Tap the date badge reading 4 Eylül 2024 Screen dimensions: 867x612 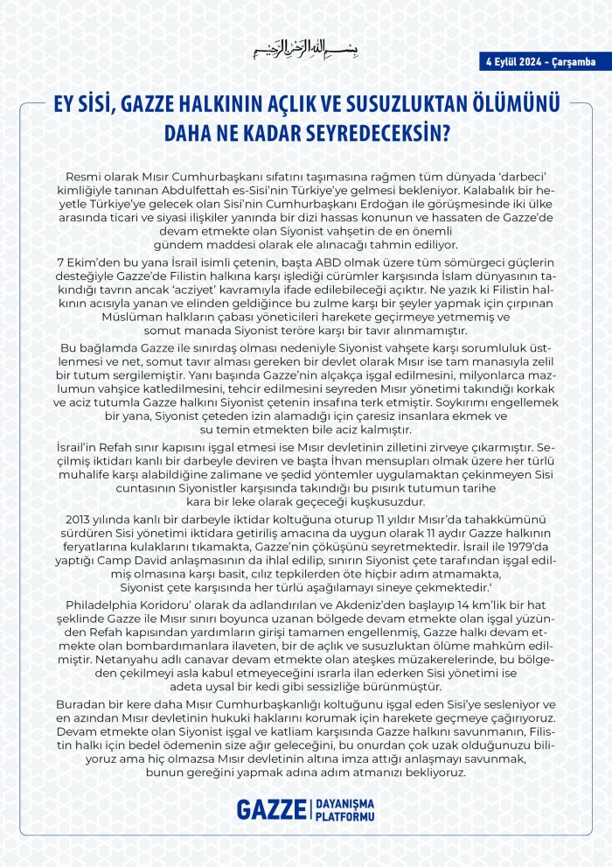point(540,61)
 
